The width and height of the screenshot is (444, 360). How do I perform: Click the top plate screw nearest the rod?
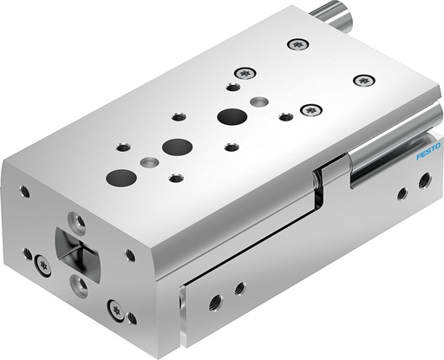pos(298,43)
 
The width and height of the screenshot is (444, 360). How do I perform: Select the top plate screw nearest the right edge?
pos(362,81)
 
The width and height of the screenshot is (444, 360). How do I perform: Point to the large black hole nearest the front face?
pos(115,178)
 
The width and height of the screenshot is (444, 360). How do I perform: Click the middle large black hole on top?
pos(176,147)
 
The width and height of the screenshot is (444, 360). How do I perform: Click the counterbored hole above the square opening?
pos(78,222)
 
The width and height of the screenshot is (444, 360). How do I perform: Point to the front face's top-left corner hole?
pos(25,192)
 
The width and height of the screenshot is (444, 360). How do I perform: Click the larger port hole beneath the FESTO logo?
pos(424,181)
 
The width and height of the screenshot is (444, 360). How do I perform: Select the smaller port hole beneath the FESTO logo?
pos(402,193)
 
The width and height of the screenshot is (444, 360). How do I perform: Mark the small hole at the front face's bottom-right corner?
pos(131,319)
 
